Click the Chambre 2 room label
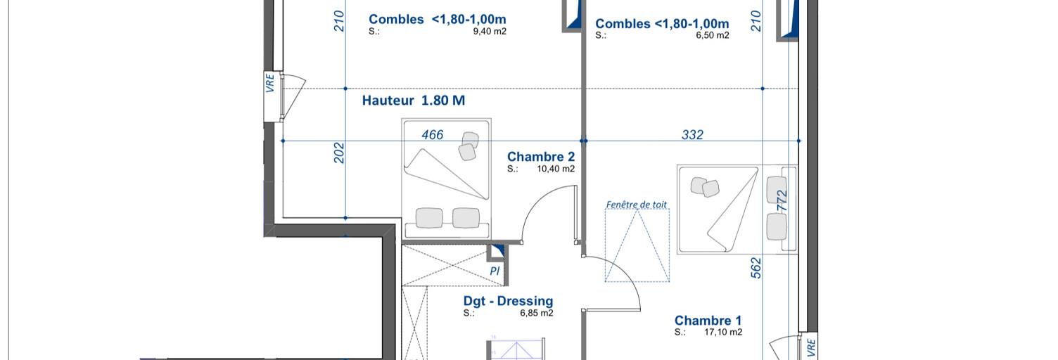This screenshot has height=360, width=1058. tap(541, 157)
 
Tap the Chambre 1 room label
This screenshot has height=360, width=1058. tap(708, 321)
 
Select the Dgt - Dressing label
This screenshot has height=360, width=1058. tap(508, 301)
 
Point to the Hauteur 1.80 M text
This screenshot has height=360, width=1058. tap(414, 101)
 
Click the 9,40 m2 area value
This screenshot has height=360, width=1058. tap(490, 32)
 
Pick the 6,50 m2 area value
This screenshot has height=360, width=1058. tap(713, 35)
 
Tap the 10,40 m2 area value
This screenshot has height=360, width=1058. tap(556, 169)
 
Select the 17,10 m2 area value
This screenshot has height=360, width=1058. tap(723, 332)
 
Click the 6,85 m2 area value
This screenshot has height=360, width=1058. tap(537, 313)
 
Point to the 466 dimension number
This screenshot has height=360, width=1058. tap(432, 135)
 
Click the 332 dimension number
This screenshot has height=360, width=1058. tap(692, 135)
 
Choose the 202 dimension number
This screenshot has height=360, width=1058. tap(339, 153)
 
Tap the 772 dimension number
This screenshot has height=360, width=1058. tap(782, 200)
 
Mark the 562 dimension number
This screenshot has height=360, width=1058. tap(756, 267)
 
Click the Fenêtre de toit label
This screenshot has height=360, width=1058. tap(636, 205)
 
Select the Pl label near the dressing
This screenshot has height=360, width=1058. tap(495, 271)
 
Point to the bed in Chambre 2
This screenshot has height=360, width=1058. tap(446, 179)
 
